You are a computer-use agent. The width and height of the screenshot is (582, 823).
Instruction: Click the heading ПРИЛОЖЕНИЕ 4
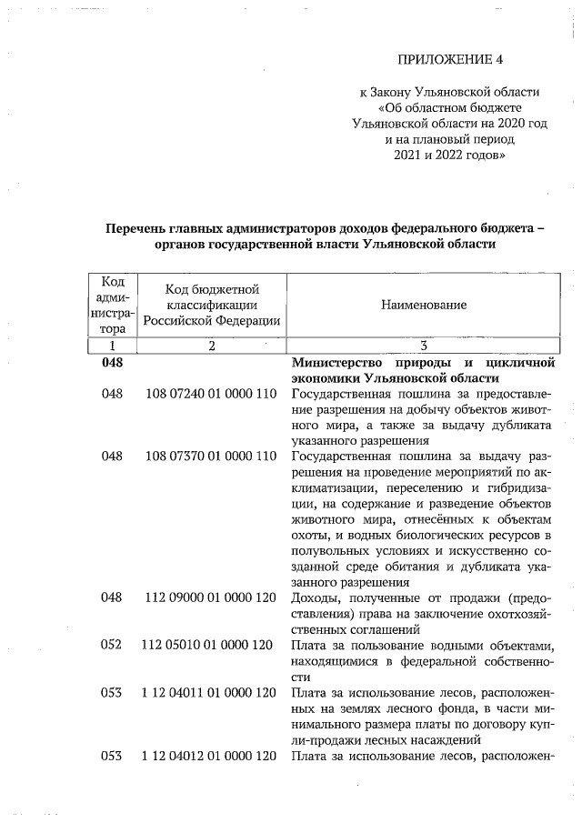(449, 60)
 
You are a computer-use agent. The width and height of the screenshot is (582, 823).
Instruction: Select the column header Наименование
(424, 305)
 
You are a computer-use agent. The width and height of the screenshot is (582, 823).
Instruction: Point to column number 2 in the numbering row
(211, 346)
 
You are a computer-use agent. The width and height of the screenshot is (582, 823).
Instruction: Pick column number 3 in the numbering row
(424, 346)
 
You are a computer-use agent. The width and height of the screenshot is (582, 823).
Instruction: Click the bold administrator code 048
(112, 363)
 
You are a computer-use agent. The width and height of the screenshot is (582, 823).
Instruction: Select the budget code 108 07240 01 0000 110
(210, 396)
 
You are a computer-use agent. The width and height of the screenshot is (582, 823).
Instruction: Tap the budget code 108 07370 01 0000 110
(210, 456)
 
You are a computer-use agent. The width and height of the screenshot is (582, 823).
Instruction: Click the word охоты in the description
(309, 535)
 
